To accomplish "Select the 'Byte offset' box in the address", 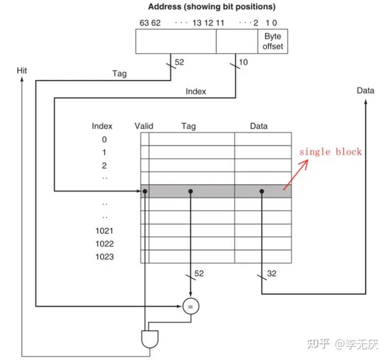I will point(273,42).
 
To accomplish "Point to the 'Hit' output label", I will point(22,71).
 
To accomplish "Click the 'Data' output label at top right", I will point(365,90).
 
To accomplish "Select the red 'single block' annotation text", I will point(330,152).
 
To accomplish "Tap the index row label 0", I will point(104,139).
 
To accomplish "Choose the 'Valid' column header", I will point(144,126).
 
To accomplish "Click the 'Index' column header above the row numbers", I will point(102,126).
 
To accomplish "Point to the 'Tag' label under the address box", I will point(120,74).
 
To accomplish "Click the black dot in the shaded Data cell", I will point(261,192).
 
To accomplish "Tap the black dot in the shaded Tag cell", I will point(190,192).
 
